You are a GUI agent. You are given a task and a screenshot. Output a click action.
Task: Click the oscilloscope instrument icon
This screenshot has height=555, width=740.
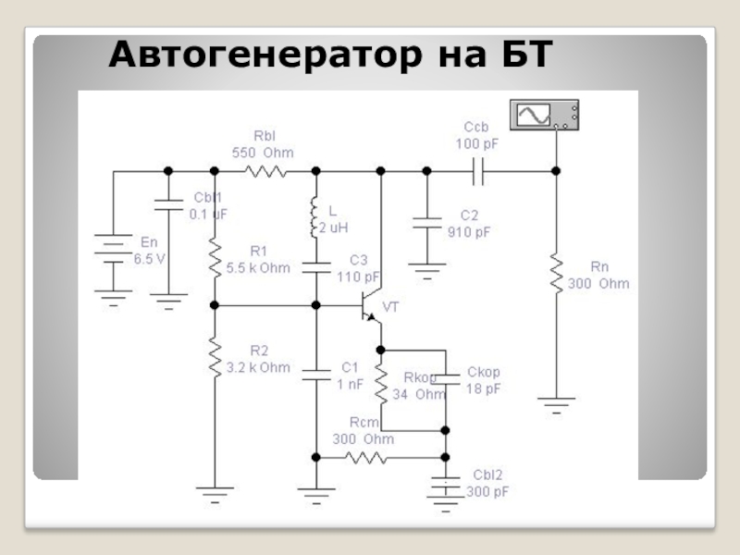(x=545, y=115)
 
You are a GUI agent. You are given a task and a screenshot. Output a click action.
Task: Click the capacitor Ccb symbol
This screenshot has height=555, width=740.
(x=478, y=171)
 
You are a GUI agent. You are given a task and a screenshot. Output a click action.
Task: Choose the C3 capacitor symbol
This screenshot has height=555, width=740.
(x=315, y=267)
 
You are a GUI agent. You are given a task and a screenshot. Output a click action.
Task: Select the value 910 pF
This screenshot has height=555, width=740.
(x=470, y=232)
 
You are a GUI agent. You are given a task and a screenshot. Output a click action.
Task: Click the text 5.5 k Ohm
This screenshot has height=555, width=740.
(x=258, y=268)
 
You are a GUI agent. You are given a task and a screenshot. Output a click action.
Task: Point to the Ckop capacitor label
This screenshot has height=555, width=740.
(x=483, y=373)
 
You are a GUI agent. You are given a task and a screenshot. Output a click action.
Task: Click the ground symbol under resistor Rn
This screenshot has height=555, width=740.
(x=556, y=404)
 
